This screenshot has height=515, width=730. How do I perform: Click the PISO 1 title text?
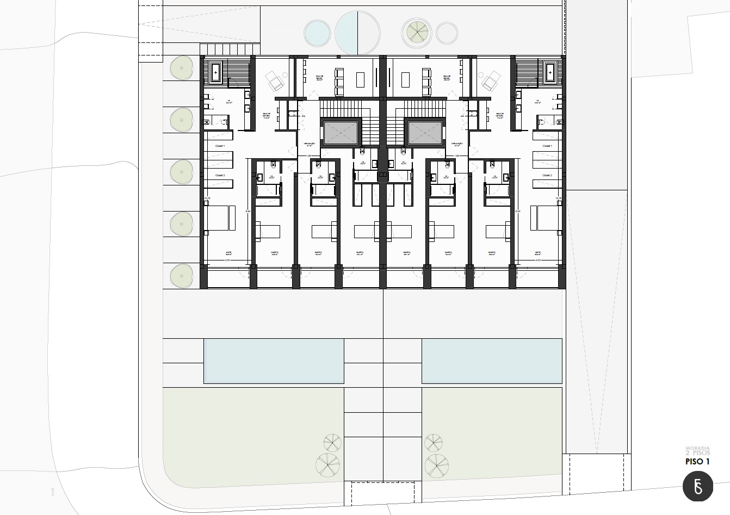(698, 462)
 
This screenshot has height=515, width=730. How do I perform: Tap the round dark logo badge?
(697, 486)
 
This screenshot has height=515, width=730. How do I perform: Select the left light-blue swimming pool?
(274, 361)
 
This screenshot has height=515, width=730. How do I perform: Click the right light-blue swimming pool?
(492, 361)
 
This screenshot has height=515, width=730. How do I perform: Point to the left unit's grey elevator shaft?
(341, 132)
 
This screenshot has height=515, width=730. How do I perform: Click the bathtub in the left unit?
(216, 71)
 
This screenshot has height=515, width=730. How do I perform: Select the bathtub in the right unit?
(550, 71)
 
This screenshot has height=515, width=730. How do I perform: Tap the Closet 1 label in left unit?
(220, 146)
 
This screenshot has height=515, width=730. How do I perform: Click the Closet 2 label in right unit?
(547, 176)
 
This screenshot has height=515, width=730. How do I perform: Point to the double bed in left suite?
(220, 217)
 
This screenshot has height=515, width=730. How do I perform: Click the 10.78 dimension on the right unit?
(558, 198)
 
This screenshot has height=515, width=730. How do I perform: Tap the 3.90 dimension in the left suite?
(227, 260)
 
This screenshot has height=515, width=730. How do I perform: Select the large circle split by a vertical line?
(357, 33)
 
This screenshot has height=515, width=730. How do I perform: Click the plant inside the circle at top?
(416, 32)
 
